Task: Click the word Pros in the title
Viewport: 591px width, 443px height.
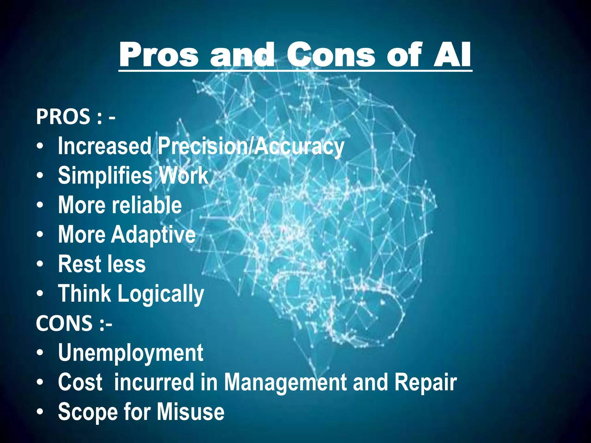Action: pyautogui.click(x=159, y=55)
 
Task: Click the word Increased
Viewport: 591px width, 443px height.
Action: pyautogui.click(x=104, y=146)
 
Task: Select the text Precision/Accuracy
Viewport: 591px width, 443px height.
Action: pyautogui.click(x=251, y=147)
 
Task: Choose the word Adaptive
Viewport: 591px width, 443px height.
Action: pyautogui.click(x=153, y=235)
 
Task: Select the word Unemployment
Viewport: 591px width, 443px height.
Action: pyautogui.click(x=130, y=353)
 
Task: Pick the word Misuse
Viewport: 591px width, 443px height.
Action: pyautogui.click(x=190, y=412)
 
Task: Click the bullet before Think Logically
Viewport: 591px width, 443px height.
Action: pyautogui.click(x=40, y=294)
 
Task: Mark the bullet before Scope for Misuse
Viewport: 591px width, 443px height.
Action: pyautogui.click(x=40, y=412)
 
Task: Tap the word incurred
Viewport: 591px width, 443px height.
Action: pyautogui.click(x=154, y=382)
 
